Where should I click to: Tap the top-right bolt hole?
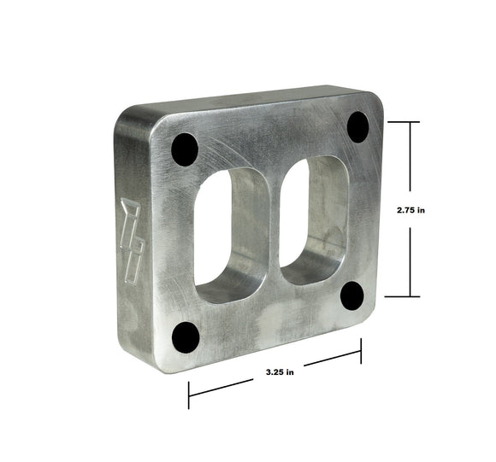click(x=357, y=127)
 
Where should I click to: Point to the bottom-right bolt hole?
click(x=352, y=295)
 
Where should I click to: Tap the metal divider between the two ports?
click(x=272, y=224)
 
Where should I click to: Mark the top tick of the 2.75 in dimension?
click(x=413, y=122)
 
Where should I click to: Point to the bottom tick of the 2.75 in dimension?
click(x=413, y=296)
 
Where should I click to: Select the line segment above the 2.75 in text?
click(x=413, y=158)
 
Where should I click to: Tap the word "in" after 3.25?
click(x=290, y=371)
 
